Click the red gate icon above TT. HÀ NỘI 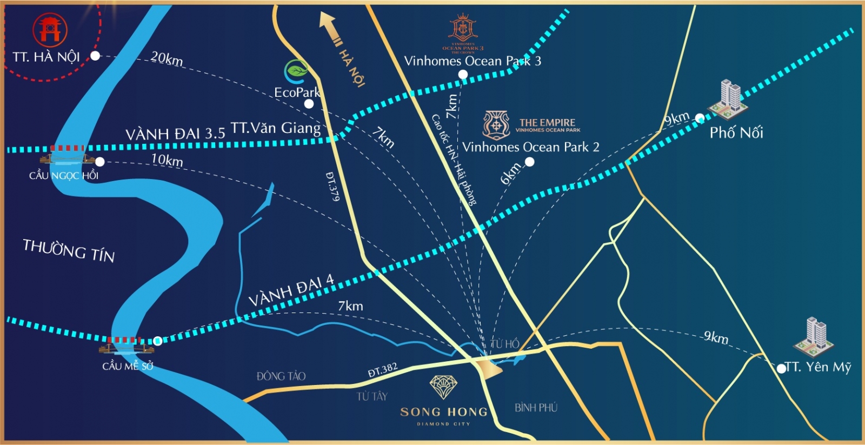[50, 29]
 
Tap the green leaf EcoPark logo [296, 70]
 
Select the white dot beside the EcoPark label [309, 104]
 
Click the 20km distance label [167, 58]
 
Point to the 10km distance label [167, 160]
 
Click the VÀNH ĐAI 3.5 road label [175, 134]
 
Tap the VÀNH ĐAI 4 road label [291, 290]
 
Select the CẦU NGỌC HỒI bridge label [64, 176]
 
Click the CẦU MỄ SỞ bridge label [128, 366]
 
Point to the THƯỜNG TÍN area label [69, 250]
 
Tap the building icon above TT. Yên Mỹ [814, 334]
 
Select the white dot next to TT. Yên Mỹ [781, 369]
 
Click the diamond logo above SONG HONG [443, 387]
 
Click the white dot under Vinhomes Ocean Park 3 [463, 75]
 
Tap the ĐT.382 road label [382, 370]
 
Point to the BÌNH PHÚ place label [535, 408]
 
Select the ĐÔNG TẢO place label [281, 376]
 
